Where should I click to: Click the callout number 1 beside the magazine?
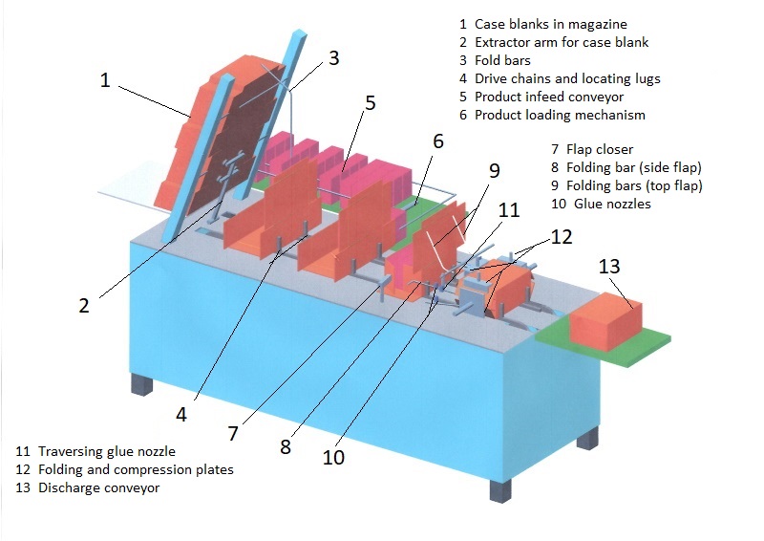tap(105, 81)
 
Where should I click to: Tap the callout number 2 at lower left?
tap(84, 306)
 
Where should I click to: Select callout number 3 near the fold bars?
tap(333, 58)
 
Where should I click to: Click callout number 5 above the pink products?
tap(370, 102)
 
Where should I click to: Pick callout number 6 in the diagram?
tap(438, 141)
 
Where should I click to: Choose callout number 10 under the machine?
tap(333, 457)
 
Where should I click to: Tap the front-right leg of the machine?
tap(500, 490)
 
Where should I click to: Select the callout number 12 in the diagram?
tap(561, 236)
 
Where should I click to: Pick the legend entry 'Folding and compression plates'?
tap(124, 469)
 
